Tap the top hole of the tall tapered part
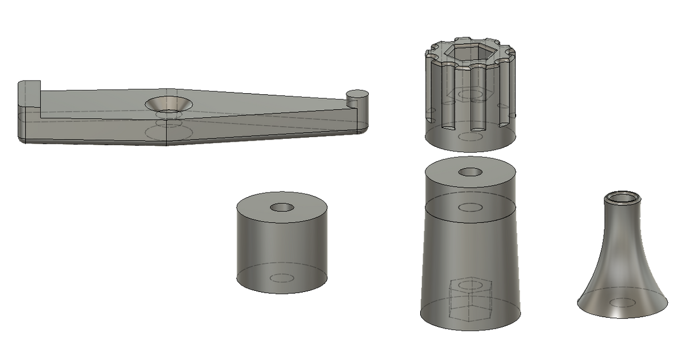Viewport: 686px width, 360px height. pyautogui.click(x=470, y=171)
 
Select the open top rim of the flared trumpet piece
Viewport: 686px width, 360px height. pyautogui.click(x=623, y=198)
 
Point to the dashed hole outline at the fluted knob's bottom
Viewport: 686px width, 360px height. pyautogui.click(x=470, y=137)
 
